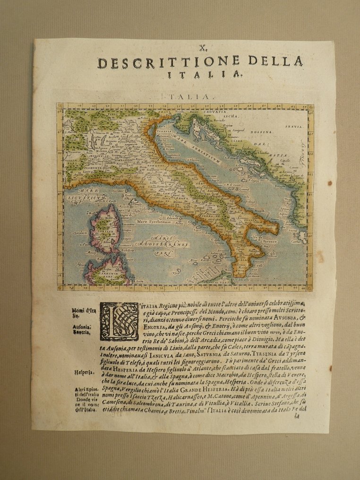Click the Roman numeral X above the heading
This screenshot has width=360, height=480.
click(x=202, y=47)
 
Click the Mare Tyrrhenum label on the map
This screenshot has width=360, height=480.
click(x=153, y=221)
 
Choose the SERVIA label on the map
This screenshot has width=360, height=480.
click(x=293, y=127)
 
